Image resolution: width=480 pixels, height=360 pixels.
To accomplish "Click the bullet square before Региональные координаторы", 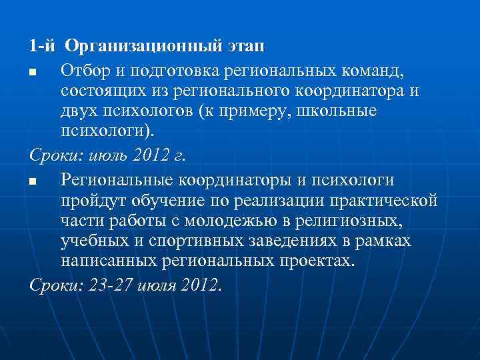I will (32, 181).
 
